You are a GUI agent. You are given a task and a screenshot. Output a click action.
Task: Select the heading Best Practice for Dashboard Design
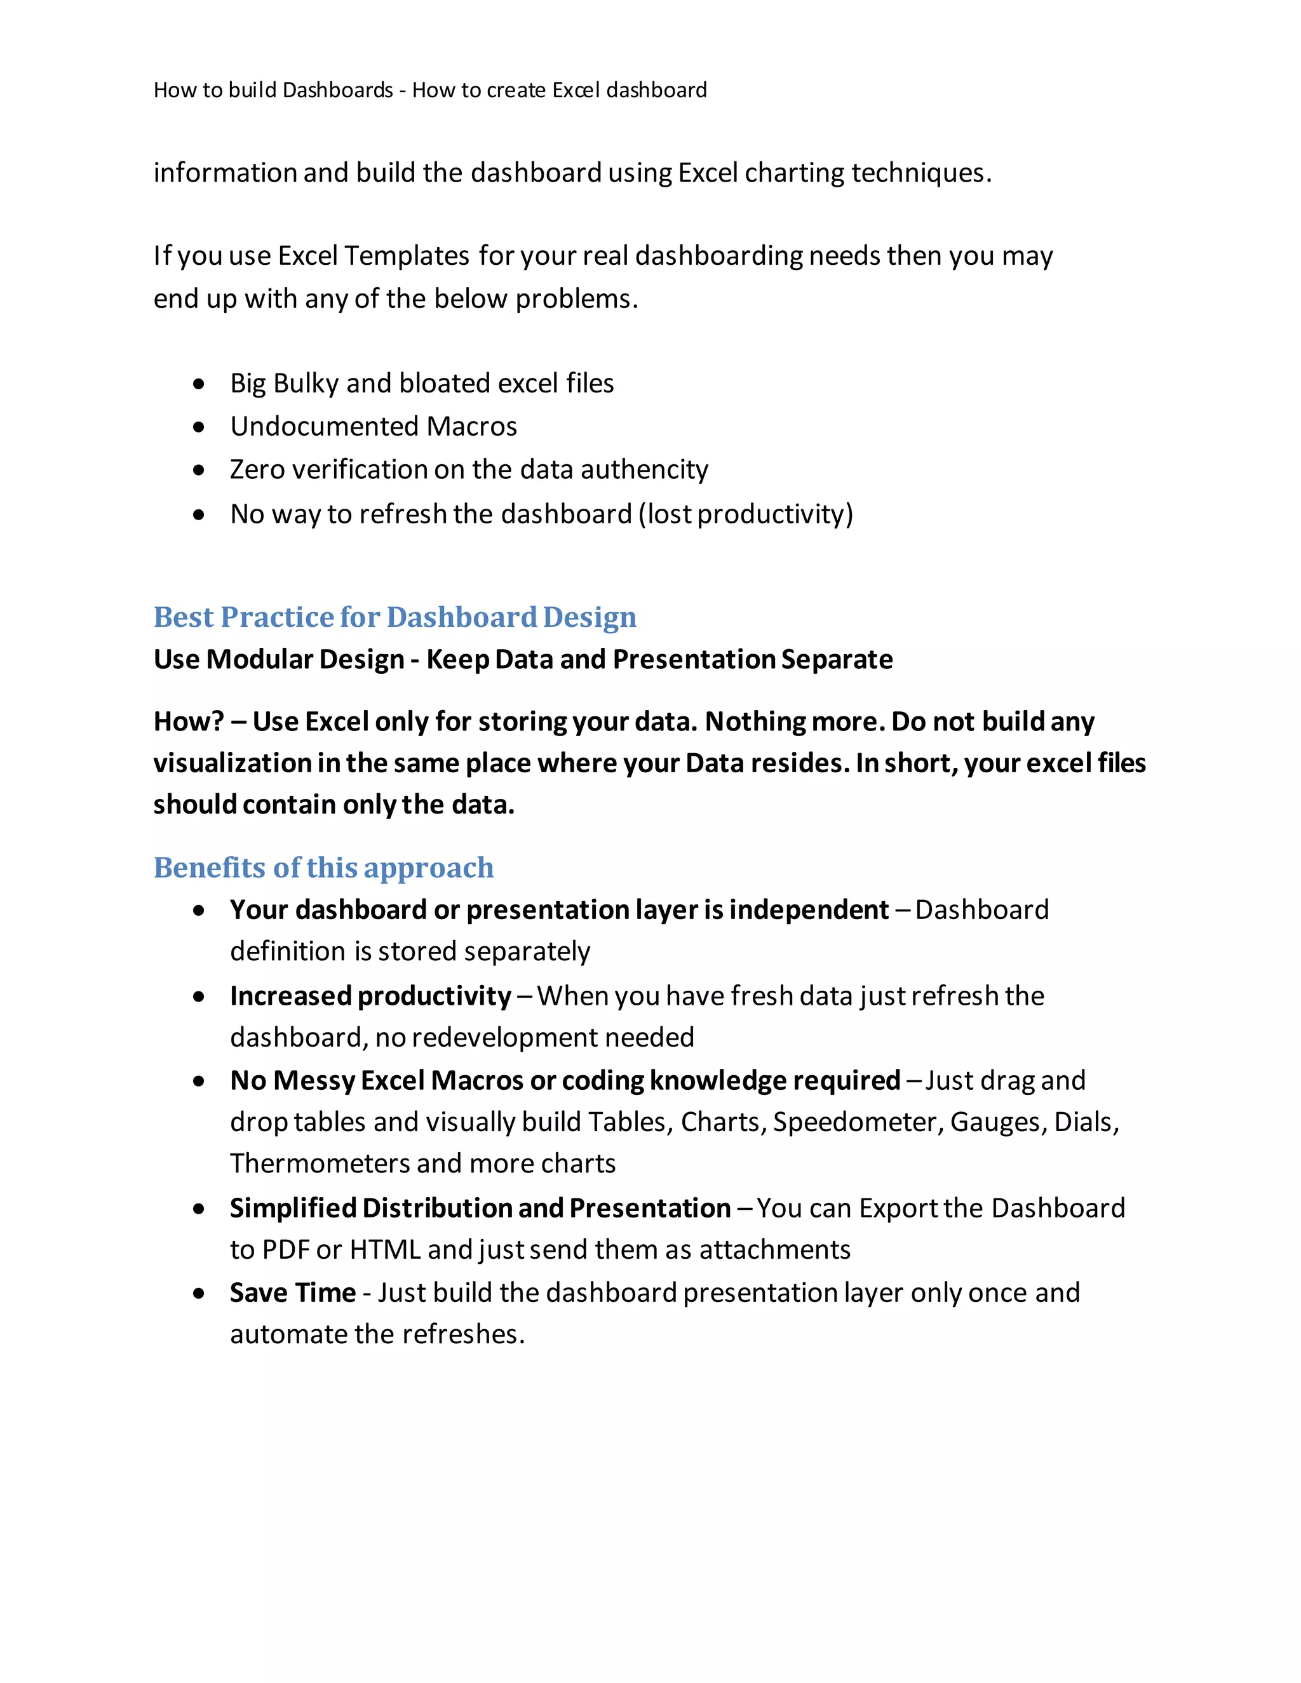click(x=394, y=617)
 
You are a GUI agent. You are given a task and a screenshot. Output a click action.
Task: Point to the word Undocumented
click(x=325, y=426)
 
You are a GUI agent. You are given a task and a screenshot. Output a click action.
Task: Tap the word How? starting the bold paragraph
click(x=188, y=722)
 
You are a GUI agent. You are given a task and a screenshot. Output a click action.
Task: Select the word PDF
click(x=286, y=1249)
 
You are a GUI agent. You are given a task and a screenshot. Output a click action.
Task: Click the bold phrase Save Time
click(x=292, y=1292)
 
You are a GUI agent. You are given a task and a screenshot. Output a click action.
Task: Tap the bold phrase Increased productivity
click(x=370, y=996)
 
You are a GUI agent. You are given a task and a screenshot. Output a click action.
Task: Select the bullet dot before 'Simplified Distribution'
click(x=199, y=1209)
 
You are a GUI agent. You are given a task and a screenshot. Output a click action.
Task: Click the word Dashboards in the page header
click(x=337, y=90)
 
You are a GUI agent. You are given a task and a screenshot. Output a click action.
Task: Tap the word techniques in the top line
click(x=921, y=173)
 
